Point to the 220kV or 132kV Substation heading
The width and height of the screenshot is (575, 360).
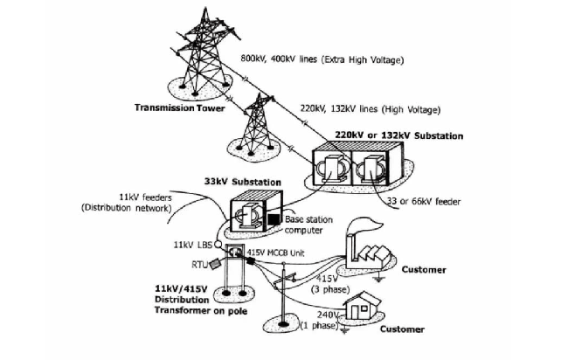click(x=399, y=135)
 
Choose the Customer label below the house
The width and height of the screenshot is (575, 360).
click(x=402, y=329)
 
